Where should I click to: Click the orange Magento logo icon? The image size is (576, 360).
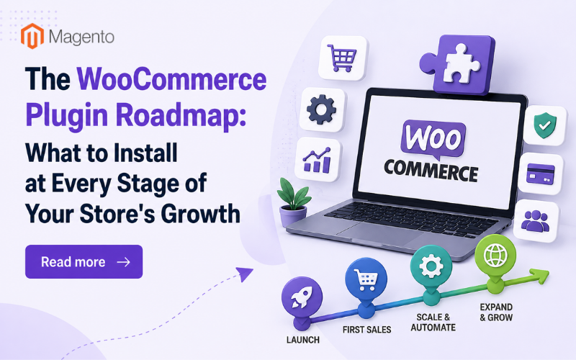[32, 36]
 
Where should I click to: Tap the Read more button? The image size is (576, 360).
[84, 261]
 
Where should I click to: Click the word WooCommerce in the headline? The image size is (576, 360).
[171, 79]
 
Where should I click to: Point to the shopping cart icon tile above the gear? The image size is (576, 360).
[343, 58]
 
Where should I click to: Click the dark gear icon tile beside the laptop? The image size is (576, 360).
[322, 109]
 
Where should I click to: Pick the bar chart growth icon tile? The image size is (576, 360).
[318, 159]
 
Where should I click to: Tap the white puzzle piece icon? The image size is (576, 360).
[462, 63]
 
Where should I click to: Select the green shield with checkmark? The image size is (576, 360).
[545, 125]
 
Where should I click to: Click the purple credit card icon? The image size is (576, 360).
[541, 174]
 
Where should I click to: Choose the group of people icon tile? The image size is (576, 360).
[536, 221]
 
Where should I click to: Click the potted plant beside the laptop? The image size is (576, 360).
[293, 203]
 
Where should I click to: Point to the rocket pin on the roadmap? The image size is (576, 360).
[302, 297]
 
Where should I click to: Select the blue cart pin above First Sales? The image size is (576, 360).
[366, 280]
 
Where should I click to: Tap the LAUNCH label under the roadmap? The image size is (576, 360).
[302, 340]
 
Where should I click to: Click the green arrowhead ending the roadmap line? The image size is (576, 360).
[539, 275]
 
